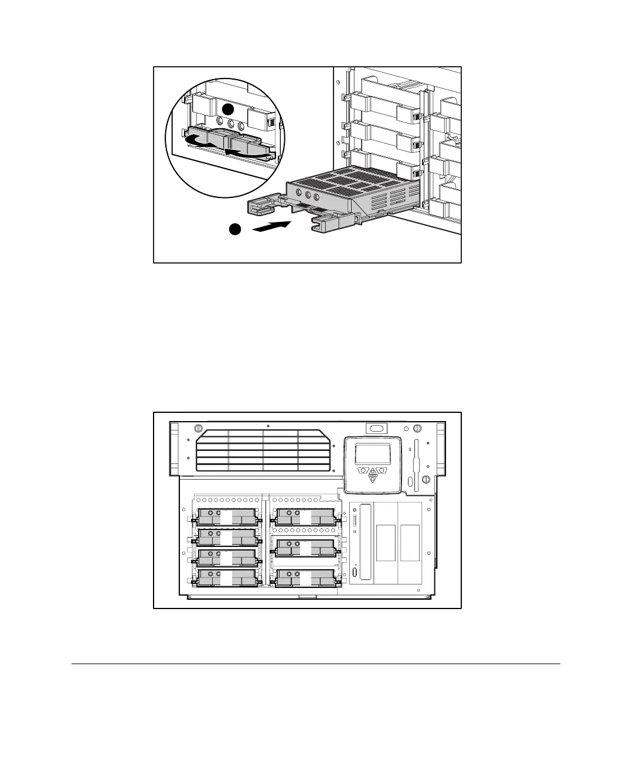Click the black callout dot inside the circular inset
coord(229,110)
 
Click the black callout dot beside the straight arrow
coord(236,230)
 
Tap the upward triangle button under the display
coord(372,471)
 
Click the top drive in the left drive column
coord(227,517)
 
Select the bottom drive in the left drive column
coord(227,577)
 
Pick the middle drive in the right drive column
coord(305,548)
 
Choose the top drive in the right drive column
coord(305,517)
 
